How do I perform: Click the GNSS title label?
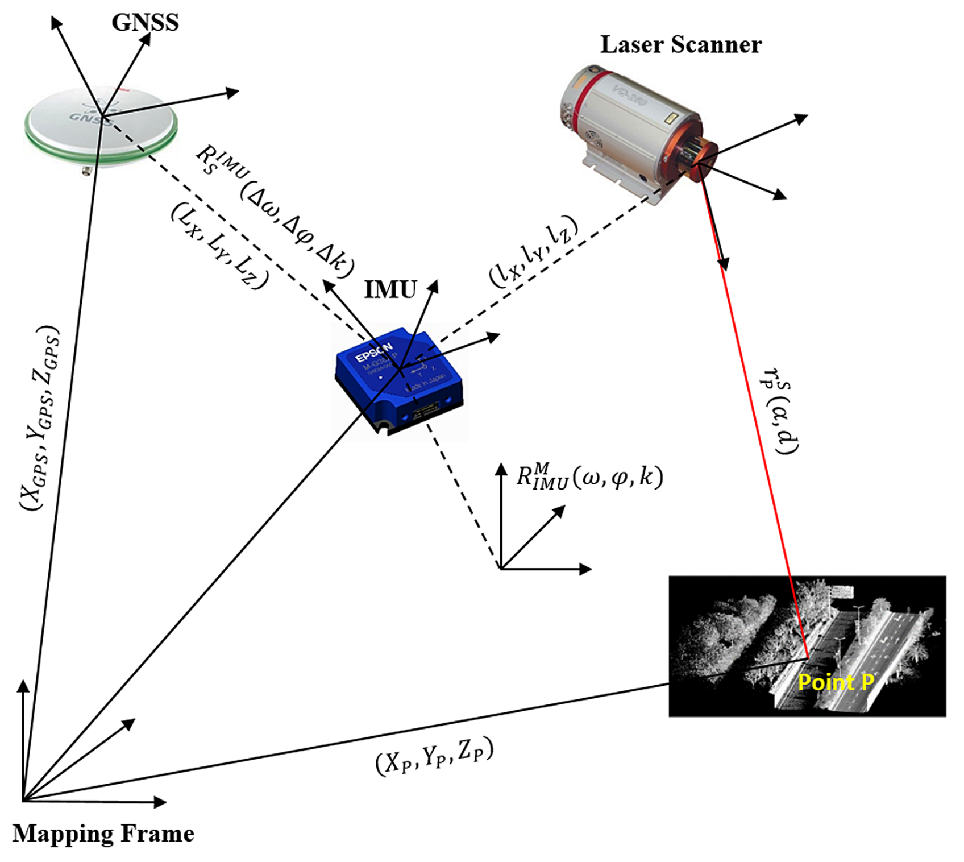tap(145, 22)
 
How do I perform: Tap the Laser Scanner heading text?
tap(680, 44)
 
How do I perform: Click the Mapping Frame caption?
tap(103, 834)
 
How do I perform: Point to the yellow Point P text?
tap(836, 682)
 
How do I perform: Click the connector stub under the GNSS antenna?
tap(86, 169)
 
